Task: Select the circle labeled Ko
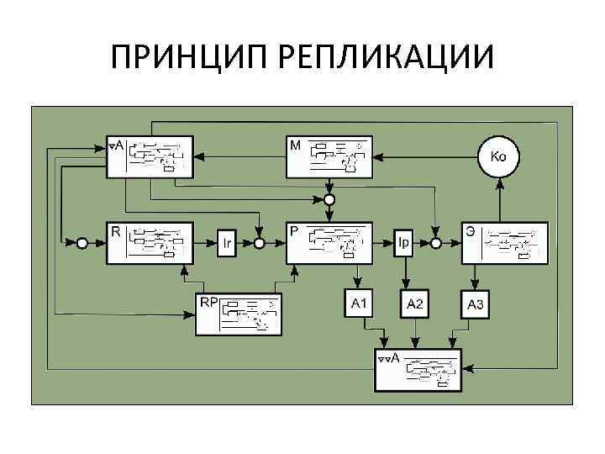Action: tap(498, 156)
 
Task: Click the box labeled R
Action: tap(150, 243)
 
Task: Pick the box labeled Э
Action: tap(504, 243)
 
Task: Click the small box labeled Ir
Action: tap(227, 243)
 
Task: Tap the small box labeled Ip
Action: tap(404, 243)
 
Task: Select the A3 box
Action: tap(475, 304)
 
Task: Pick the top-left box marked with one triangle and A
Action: tap(150, 157)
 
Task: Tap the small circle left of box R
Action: tap(82, 243)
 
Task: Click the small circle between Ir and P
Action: tap(260, 243)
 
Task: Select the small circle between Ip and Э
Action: tap(436, 243)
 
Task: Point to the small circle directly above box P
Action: tap(329, 199)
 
